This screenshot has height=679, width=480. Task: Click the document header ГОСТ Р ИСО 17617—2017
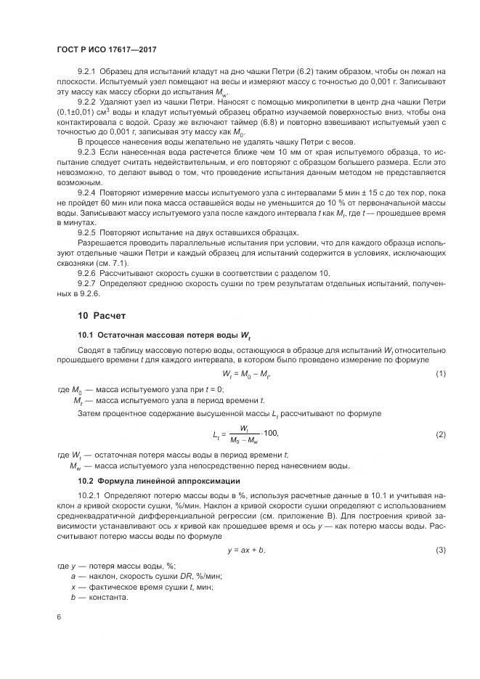107,49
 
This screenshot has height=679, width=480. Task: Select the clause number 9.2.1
87,71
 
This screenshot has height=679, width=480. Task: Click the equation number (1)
440,374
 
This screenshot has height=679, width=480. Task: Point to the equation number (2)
440,434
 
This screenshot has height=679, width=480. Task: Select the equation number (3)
440,550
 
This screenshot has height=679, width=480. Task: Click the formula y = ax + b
246,550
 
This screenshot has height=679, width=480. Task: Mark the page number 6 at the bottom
59,616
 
